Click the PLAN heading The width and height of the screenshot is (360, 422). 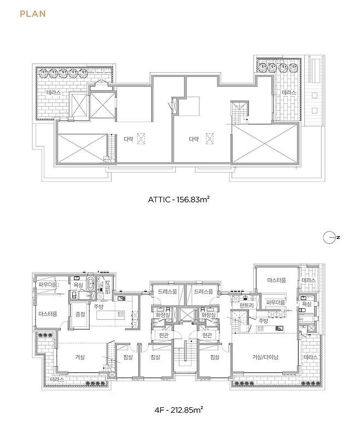click(33, 14)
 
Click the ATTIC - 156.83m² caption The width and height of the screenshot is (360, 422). click(179, 200)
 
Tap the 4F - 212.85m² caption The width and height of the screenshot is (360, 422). click(179, 410)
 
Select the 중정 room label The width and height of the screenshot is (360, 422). click(80, 314)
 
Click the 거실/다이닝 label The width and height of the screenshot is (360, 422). click(265, 357)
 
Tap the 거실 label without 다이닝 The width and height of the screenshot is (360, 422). click(80, 357)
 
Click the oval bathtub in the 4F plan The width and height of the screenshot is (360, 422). click(91, 284)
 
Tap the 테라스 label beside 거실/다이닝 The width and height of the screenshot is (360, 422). click(310, 357)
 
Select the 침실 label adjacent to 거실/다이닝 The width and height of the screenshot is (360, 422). click(215, 357)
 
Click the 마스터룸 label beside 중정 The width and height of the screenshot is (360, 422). click(48, 314)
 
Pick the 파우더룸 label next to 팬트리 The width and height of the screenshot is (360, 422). click(275, 302)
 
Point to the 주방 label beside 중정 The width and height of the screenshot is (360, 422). click(98, 307)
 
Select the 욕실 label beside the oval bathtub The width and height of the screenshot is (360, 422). click(78, 285)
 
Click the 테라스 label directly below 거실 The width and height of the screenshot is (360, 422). click(57, 379)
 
